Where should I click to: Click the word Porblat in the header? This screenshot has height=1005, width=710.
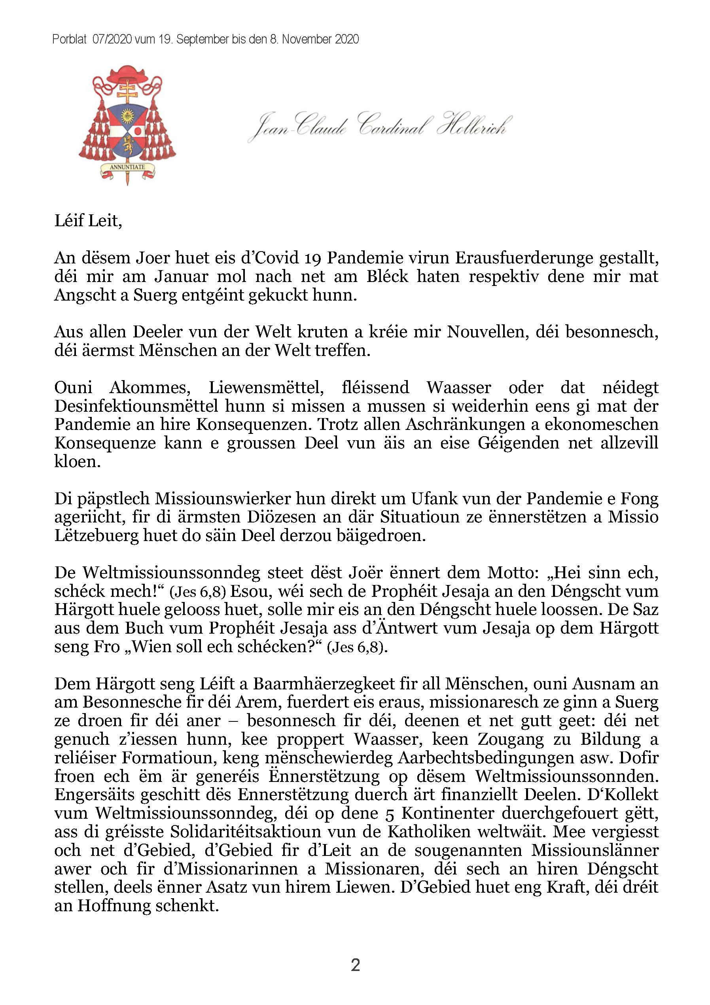[69, 40]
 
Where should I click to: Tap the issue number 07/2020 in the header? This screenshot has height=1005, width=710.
[112, 40]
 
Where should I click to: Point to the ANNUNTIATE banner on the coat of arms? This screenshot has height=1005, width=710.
[127, 167]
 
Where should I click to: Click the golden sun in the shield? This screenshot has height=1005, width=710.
[127, 115]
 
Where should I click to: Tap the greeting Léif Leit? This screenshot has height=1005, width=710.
[88, 221]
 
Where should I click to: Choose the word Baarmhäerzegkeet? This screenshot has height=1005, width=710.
[339, 684]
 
